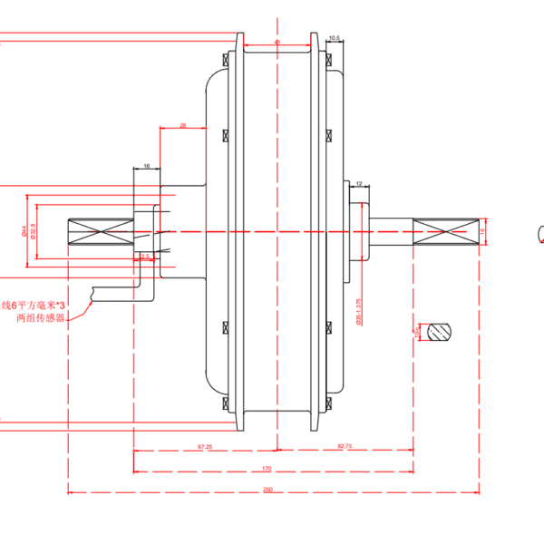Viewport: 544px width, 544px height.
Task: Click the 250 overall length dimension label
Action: tap(267, 490)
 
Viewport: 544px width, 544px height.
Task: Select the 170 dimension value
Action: tap(267, 468)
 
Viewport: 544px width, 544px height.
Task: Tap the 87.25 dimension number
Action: tap(205, 446)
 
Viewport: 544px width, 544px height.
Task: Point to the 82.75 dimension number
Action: tap(345, 446)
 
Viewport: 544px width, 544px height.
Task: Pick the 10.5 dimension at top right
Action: tap(334, 38)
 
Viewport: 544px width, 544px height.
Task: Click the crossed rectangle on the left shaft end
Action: tap(101, 229)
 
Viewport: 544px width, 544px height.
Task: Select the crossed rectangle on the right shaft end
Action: tap(445, 229)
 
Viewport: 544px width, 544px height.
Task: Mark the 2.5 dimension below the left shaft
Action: tap(143, 257)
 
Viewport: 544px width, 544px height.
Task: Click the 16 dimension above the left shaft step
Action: tap(146, 167)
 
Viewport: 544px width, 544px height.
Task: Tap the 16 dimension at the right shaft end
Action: tap(483, 230)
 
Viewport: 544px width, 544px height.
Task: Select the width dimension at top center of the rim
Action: tap(277, 42)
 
